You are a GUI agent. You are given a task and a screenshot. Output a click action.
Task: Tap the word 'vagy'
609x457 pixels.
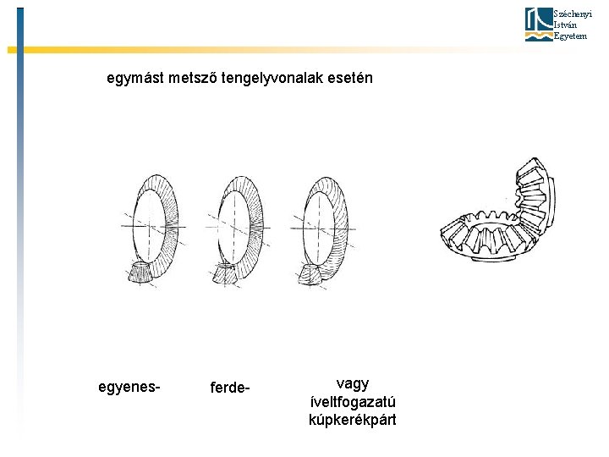pyautogui.click(x=352, y=383)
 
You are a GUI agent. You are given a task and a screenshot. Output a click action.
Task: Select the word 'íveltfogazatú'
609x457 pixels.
pyautogui.click(x=353, y=401)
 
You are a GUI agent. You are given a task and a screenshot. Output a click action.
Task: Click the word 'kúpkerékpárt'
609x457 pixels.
pyautogui.click(x=353, y=420)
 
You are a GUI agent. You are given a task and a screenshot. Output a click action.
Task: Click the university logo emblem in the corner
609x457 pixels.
pyautogui.click(x=537, y=25)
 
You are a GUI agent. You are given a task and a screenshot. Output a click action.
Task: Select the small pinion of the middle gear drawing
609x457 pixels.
pyautogui.click(x=226, y=273)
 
